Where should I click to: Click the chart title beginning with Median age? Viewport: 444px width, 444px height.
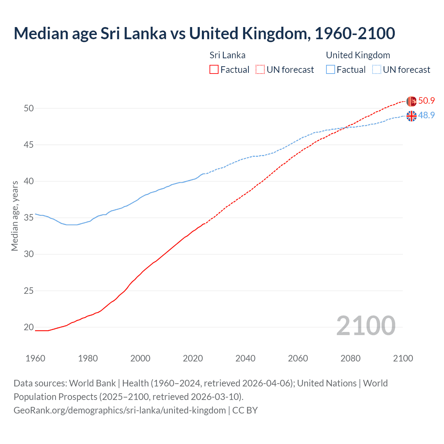[x=204, y=34]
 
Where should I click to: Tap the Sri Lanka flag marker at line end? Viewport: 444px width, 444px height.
[x=411, y=101]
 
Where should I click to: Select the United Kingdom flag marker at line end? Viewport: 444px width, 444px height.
[x=411, y=116]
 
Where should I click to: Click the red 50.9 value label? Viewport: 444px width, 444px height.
[x=426, y=101]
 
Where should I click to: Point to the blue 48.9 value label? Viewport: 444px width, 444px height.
[x=426, y=116]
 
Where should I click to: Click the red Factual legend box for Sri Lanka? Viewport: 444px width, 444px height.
[x=214, y=70]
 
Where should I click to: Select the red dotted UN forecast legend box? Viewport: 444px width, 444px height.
[x=260, y=70]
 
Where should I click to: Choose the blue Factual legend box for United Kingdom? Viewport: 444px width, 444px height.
[x=331, y=70]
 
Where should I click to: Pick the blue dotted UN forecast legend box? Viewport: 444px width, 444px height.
[x=377, y=70]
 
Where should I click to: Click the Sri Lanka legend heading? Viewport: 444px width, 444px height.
[x=227, y=55]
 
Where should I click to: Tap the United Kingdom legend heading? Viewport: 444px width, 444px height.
[x=358, y=55]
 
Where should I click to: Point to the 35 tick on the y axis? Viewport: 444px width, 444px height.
[x=29, y=218]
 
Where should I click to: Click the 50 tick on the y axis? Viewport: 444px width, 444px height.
[x=29, y=108]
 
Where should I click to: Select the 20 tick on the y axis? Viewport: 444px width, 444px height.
[x=29, y=327]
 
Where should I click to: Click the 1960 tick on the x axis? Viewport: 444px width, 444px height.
[x=35, y=358]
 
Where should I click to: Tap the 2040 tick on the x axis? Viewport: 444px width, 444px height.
[x=245, y=358]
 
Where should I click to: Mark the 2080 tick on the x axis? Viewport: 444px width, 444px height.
[x=350, y=358]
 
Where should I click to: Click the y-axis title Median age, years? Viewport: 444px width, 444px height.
[x=15, y=216]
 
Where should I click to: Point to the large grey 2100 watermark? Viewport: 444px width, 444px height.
[x=366, y=325]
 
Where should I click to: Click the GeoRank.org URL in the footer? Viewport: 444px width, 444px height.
[x=120, y=410]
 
